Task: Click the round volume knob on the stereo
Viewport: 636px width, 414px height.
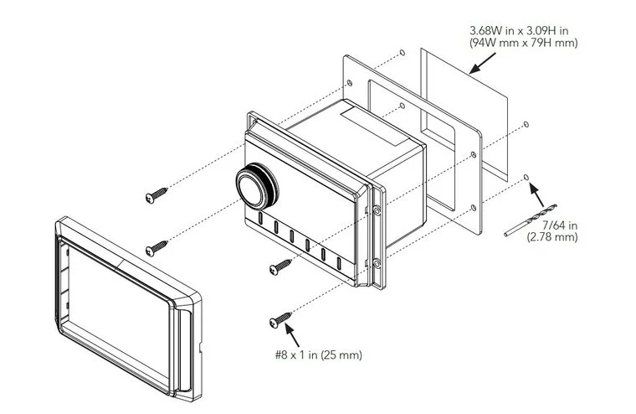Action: [x=256, y=187]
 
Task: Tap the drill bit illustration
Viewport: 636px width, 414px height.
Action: [x=530, y=220]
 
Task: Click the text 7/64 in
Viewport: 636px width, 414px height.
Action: [x=560, y=225]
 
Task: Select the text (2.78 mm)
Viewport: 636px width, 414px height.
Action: [x=552, y=237]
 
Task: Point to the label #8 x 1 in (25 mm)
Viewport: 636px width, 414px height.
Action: [x=318, y=354]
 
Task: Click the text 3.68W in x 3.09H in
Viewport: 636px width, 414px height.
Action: [x=519, y=30]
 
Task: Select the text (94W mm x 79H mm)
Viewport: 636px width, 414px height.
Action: [x=524, y=42]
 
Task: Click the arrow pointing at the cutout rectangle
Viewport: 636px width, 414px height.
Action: [x=482, y=64]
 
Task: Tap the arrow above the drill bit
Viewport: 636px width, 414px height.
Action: [x=536, y=194]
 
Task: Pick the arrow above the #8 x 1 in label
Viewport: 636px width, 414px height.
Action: [x=292, y=334]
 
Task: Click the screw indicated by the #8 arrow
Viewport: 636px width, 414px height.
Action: [x=280, y=319]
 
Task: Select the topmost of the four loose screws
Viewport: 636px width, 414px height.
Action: [x=156, y=195]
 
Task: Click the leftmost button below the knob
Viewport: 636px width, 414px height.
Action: [x=260, y=218]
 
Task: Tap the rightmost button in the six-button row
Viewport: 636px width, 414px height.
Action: [x=339, y=263]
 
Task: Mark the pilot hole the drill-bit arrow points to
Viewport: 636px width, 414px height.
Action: [x=526, y=177]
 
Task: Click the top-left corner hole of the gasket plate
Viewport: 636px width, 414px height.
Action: [x=349, y=83]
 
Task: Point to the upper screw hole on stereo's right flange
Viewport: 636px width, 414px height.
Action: [x=377, y=210]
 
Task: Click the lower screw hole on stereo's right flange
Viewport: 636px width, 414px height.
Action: [x=377, y=264]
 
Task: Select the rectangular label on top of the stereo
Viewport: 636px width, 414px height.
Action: [x=374, y=127]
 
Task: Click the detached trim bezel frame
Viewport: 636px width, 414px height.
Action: [x=61, y=284]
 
